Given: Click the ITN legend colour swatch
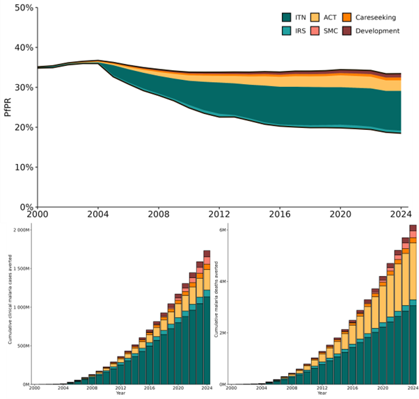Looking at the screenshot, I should click(287, 17).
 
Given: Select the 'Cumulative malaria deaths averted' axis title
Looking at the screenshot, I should click(216, 300).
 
